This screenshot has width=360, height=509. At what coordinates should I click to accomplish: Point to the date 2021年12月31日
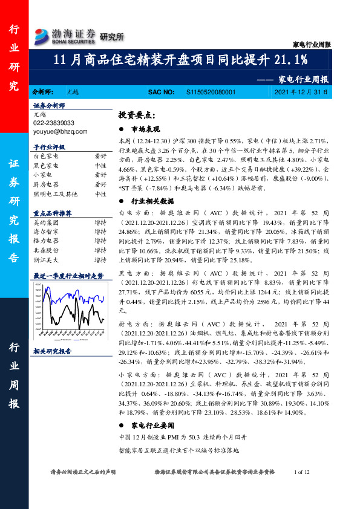[300, 92]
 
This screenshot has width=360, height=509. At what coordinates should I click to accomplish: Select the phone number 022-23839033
[54, 123]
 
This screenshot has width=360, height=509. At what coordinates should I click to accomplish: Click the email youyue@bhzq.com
[61, 131]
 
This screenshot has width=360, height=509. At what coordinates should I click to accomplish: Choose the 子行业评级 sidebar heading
[49, 147]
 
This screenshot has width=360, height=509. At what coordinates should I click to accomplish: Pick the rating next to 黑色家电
[100, 165]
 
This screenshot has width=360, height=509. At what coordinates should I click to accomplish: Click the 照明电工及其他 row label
[56, 194]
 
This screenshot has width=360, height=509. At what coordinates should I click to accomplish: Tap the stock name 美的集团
[46, 222]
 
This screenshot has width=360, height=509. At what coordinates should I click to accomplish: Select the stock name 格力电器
[46, 241]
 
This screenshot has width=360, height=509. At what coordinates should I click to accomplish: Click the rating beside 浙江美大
[100, 260]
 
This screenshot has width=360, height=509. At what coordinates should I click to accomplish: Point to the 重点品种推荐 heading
[53, 213]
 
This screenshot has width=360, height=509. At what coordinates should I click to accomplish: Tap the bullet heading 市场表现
[145, 129]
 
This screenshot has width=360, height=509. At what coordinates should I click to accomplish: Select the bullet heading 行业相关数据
[152, 201]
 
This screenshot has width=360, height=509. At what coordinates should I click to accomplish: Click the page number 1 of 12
[301, 472]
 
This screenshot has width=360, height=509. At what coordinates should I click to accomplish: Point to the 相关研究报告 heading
[53, 351]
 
